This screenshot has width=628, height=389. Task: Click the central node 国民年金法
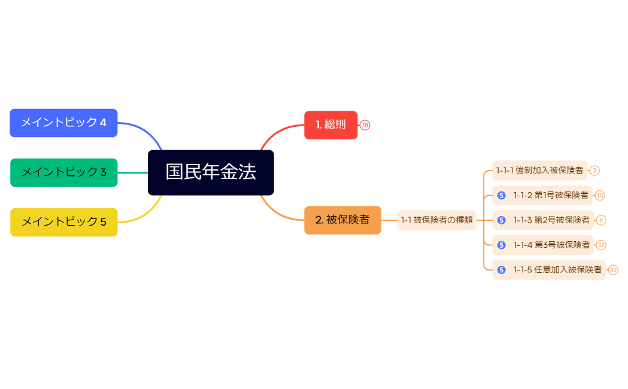point(211,172)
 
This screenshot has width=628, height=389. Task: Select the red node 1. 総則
point(330,125)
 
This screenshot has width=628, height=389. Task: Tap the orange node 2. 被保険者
point(342,220)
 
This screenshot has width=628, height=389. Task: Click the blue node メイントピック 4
point(63,123)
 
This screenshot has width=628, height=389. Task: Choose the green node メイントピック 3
point(63,172)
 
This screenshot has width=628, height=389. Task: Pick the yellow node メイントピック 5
point(63,222)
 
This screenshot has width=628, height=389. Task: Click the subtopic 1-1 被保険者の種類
point(436,220)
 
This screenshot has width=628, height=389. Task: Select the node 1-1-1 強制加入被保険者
point(539,171)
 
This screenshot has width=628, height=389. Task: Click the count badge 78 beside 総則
point(365,125)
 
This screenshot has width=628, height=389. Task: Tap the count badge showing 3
point(594,171)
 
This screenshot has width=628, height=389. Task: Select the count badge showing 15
point(600,195)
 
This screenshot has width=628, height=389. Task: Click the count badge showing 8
point(601,220)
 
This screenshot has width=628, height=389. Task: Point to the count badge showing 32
point(601,245)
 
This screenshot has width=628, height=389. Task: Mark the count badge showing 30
point(613,270)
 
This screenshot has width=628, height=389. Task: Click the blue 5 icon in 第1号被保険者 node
point(502,195)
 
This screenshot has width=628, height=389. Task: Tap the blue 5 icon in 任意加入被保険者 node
point(502,270)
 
